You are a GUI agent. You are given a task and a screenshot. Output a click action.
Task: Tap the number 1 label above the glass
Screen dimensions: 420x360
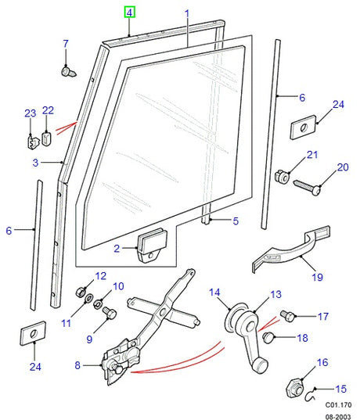187,13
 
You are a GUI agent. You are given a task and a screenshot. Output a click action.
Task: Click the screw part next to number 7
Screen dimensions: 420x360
67,70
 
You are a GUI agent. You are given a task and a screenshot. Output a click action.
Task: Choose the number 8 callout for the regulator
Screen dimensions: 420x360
77,364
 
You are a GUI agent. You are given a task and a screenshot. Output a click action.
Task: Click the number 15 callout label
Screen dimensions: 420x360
341,389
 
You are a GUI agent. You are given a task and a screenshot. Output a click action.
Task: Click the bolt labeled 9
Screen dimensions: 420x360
109,313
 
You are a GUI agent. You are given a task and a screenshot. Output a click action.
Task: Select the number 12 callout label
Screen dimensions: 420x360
100,276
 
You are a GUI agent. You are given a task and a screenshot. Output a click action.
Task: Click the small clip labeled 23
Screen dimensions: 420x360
31,142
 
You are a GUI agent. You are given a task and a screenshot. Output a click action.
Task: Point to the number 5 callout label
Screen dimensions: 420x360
235,221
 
